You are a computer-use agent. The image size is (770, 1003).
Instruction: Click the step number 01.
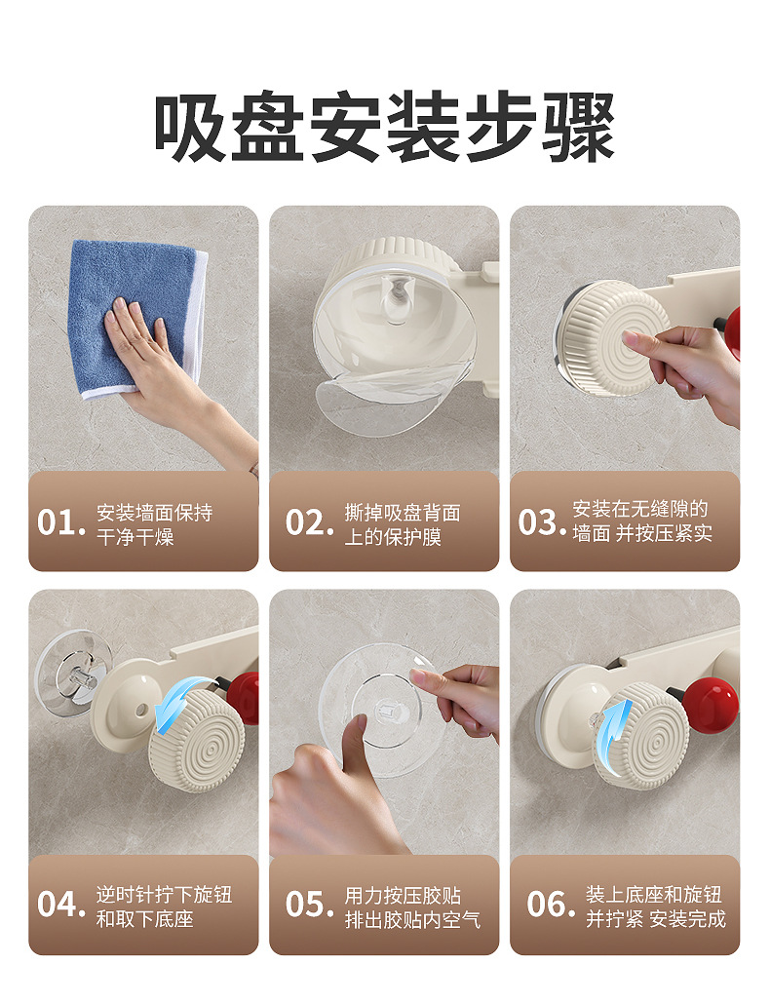coord(60,522)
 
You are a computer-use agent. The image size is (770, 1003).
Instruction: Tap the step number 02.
coord(310,522)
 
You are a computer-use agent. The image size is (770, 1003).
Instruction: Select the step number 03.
coord(542,522)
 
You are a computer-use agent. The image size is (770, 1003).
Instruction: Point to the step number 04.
coord(60,905)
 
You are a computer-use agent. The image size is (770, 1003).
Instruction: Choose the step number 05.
coord(310,905)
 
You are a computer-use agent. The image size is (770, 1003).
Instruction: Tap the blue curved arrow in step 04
coord(180,704)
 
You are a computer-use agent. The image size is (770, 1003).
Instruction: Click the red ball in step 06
coord(710,705)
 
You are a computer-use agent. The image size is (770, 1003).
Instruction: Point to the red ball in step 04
coord(243,698)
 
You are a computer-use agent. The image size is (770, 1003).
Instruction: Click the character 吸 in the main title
coord(190,128)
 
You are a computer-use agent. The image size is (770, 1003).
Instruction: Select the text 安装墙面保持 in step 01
coord(155,513)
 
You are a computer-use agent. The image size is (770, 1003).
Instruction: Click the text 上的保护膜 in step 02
coord(394,536)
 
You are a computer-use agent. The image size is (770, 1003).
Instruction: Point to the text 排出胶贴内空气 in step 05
coord(412,919)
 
